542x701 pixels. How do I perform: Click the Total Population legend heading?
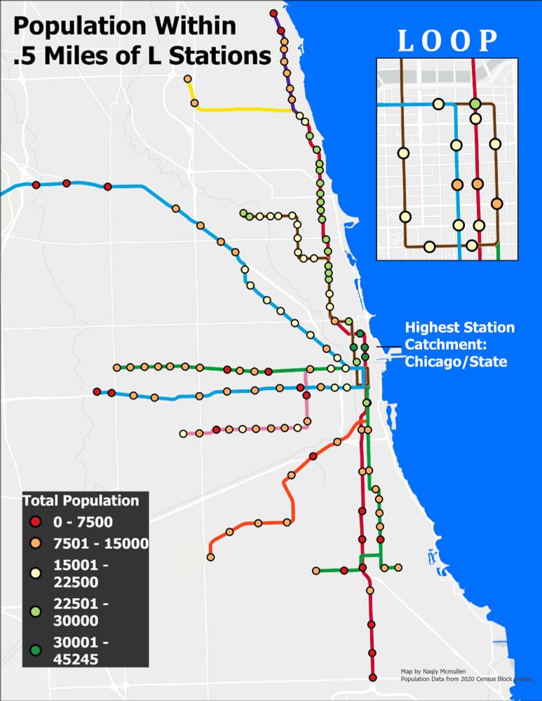tap(81, 501)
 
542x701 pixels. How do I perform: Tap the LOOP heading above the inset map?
tap(448, 41)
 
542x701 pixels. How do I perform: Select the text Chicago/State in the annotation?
tap(454, 362)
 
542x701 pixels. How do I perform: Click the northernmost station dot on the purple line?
tap(273, 13)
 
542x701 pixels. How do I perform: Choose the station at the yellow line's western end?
tap(188, 79)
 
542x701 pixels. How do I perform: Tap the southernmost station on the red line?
tap(372, 676)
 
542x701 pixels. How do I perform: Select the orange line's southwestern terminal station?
tap(210, 557)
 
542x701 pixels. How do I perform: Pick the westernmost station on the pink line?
tap(183, 433)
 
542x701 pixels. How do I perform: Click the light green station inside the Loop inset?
tap(475, 104)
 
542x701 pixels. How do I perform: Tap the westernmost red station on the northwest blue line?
tap(36, 185)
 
